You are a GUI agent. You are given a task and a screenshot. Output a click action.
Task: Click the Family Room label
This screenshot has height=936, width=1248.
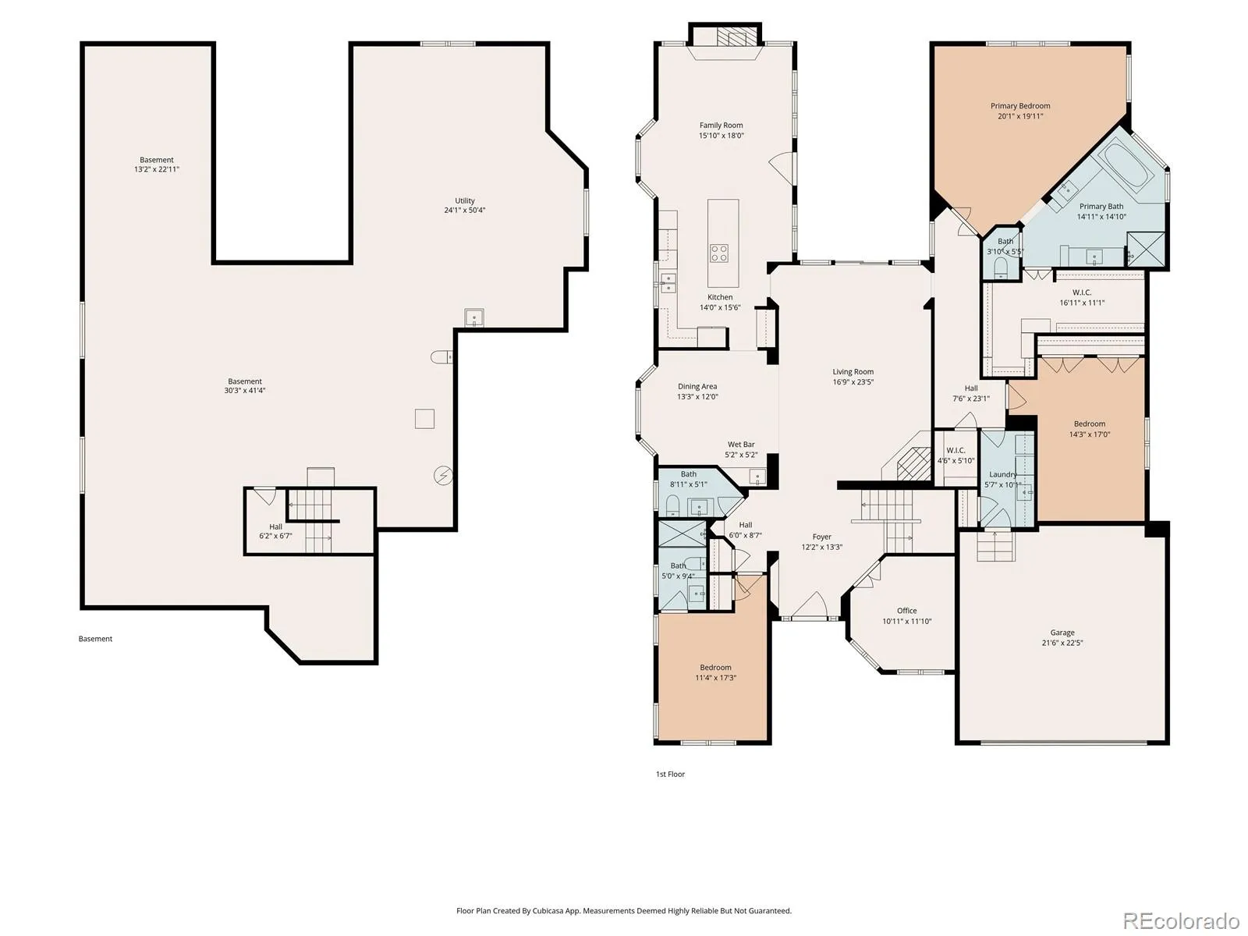721,125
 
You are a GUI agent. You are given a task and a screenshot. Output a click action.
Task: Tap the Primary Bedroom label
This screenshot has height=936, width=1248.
1020,106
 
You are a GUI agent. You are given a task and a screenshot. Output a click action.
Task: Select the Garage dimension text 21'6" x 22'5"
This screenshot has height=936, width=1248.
1062,643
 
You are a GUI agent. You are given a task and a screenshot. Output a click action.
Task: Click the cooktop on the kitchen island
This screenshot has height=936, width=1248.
719,253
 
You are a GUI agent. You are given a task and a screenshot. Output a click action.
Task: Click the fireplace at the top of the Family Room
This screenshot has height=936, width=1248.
731,37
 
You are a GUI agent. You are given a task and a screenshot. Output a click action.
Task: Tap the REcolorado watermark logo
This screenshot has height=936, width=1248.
1181,920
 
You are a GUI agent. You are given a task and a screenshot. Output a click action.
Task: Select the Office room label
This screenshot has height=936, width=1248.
906,611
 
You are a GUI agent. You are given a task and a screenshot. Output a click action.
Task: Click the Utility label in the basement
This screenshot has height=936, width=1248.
465,200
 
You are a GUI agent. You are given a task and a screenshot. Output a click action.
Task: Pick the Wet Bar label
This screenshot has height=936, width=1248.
741,445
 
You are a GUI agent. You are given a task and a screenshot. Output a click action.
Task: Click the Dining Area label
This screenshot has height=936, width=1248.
697,386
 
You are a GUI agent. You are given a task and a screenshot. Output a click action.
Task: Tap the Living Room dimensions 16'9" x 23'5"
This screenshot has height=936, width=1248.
853,382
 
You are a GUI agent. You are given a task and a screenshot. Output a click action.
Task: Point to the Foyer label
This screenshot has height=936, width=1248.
821,537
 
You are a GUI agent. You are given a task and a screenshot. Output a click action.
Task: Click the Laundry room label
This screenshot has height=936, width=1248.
1002,474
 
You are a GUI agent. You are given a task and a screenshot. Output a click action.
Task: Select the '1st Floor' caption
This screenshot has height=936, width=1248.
670,774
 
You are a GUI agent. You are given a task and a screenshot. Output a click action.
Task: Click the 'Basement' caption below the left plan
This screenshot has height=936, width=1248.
95,639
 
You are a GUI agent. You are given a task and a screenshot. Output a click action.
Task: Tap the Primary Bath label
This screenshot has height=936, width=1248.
1101,206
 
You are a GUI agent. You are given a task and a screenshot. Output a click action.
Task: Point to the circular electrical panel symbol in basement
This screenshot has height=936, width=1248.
443,475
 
